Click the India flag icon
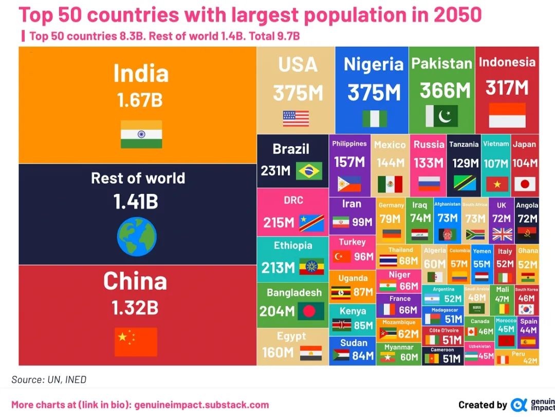[141, 134]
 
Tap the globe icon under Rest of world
[137, 236]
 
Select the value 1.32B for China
[135, 308]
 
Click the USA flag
[296, 118]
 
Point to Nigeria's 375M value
[374, 93]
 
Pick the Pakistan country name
[441, 64]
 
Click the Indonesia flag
[507, 115]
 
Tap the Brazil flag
[309, 171]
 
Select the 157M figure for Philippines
[349, 162]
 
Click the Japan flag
[525, 184]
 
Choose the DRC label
[293, 200]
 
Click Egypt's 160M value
[278, 353]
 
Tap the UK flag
[502, 234]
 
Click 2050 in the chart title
[458, 15]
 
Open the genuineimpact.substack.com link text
[201, 405]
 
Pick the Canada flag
[471, 332]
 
